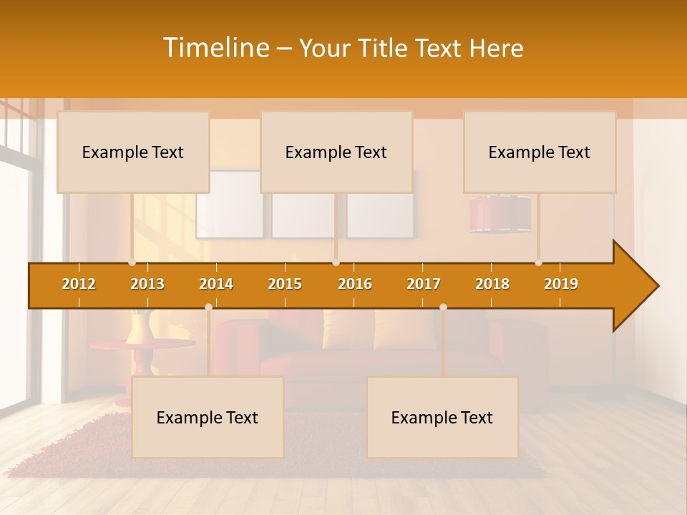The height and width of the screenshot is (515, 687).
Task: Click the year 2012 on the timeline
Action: [x=79, y=284]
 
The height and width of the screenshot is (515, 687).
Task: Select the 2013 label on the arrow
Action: [x=147, y=284]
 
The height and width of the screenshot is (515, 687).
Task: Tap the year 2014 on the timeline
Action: [x=216, y=284]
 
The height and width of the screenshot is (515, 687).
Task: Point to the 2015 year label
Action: [x=285, y=284]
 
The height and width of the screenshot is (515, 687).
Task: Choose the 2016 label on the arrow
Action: [x=355, y=284]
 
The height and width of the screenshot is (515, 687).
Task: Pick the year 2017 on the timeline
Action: [x=424, y=284]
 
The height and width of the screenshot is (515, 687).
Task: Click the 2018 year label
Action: [x=492, y=284]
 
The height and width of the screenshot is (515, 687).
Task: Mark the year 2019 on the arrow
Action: [x=561, y=284]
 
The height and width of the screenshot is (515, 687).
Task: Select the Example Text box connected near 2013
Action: [x=133, y=152]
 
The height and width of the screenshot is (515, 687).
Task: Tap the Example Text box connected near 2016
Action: [x=336, y=152]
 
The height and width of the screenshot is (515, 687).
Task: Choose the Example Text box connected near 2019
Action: [x=540, y=152]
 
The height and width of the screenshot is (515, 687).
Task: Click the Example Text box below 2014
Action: [x=208, y=417]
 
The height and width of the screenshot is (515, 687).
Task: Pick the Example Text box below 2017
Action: [x=442, y=417]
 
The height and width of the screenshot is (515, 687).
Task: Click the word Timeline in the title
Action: [x=215, y=48]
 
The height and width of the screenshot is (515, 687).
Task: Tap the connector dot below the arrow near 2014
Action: [x=208, y=307]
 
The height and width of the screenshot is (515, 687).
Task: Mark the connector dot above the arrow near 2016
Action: [x=336, y=263]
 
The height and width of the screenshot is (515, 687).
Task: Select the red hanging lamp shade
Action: [x=500, y=214]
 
